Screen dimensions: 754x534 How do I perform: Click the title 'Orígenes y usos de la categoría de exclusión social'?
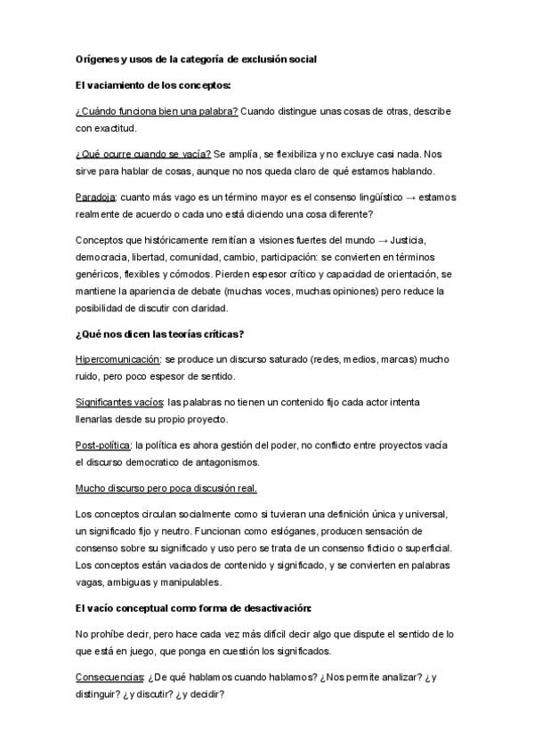197,59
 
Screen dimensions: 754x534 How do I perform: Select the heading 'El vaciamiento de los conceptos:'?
152,85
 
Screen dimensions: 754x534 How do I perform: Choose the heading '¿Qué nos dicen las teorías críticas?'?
162,334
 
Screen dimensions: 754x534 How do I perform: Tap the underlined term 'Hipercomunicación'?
117,360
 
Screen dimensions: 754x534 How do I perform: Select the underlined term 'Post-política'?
102,446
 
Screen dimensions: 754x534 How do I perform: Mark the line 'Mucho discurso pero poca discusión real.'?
166,490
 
